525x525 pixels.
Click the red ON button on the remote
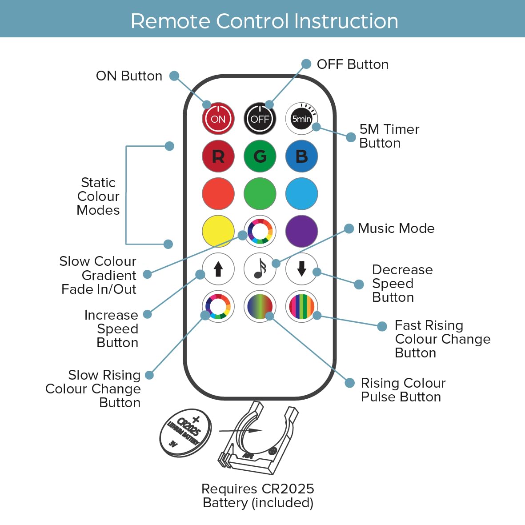[218, 119]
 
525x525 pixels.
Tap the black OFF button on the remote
[260, 119]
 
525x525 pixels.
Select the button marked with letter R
[218, 156]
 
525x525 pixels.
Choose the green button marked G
[260, 156]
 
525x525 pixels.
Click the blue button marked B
[301, 156]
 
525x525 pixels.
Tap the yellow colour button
[218, 231]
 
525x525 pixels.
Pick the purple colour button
[301, 231]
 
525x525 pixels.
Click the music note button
[260, 269]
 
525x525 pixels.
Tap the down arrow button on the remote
[301, 269]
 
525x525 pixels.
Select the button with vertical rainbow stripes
[301, 306]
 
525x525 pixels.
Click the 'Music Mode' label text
[396, 228]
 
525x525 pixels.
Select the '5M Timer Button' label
[389, 136]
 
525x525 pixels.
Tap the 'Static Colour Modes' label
[98, 196]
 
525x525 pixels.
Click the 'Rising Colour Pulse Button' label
[403, 390]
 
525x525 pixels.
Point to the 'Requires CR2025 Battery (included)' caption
[258, 496]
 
